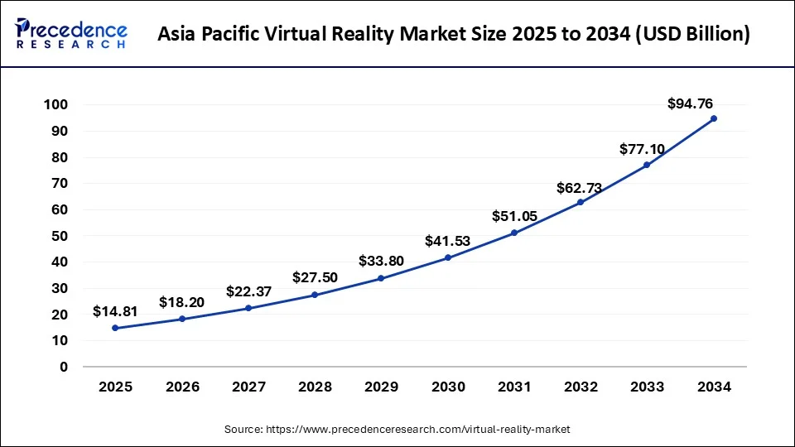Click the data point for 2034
tap(713, 118)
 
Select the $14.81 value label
tap(115, 311)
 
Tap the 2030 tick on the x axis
tap(448, 387)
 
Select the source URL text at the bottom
tap(397, 429)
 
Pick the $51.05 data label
tap(515, 216)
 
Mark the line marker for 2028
tap(315, 295)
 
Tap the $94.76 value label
tap(690, 103)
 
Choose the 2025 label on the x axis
tap(115, 387)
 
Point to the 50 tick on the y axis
tap(60, 236)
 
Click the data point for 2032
tap(581, 202)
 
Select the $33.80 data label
tap(381, 261)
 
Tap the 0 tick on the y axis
tap(64, 367)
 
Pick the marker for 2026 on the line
tap(182, 319)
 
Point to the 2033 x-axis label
tap(647, 387)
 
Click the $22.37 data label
tap(248, 291)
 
